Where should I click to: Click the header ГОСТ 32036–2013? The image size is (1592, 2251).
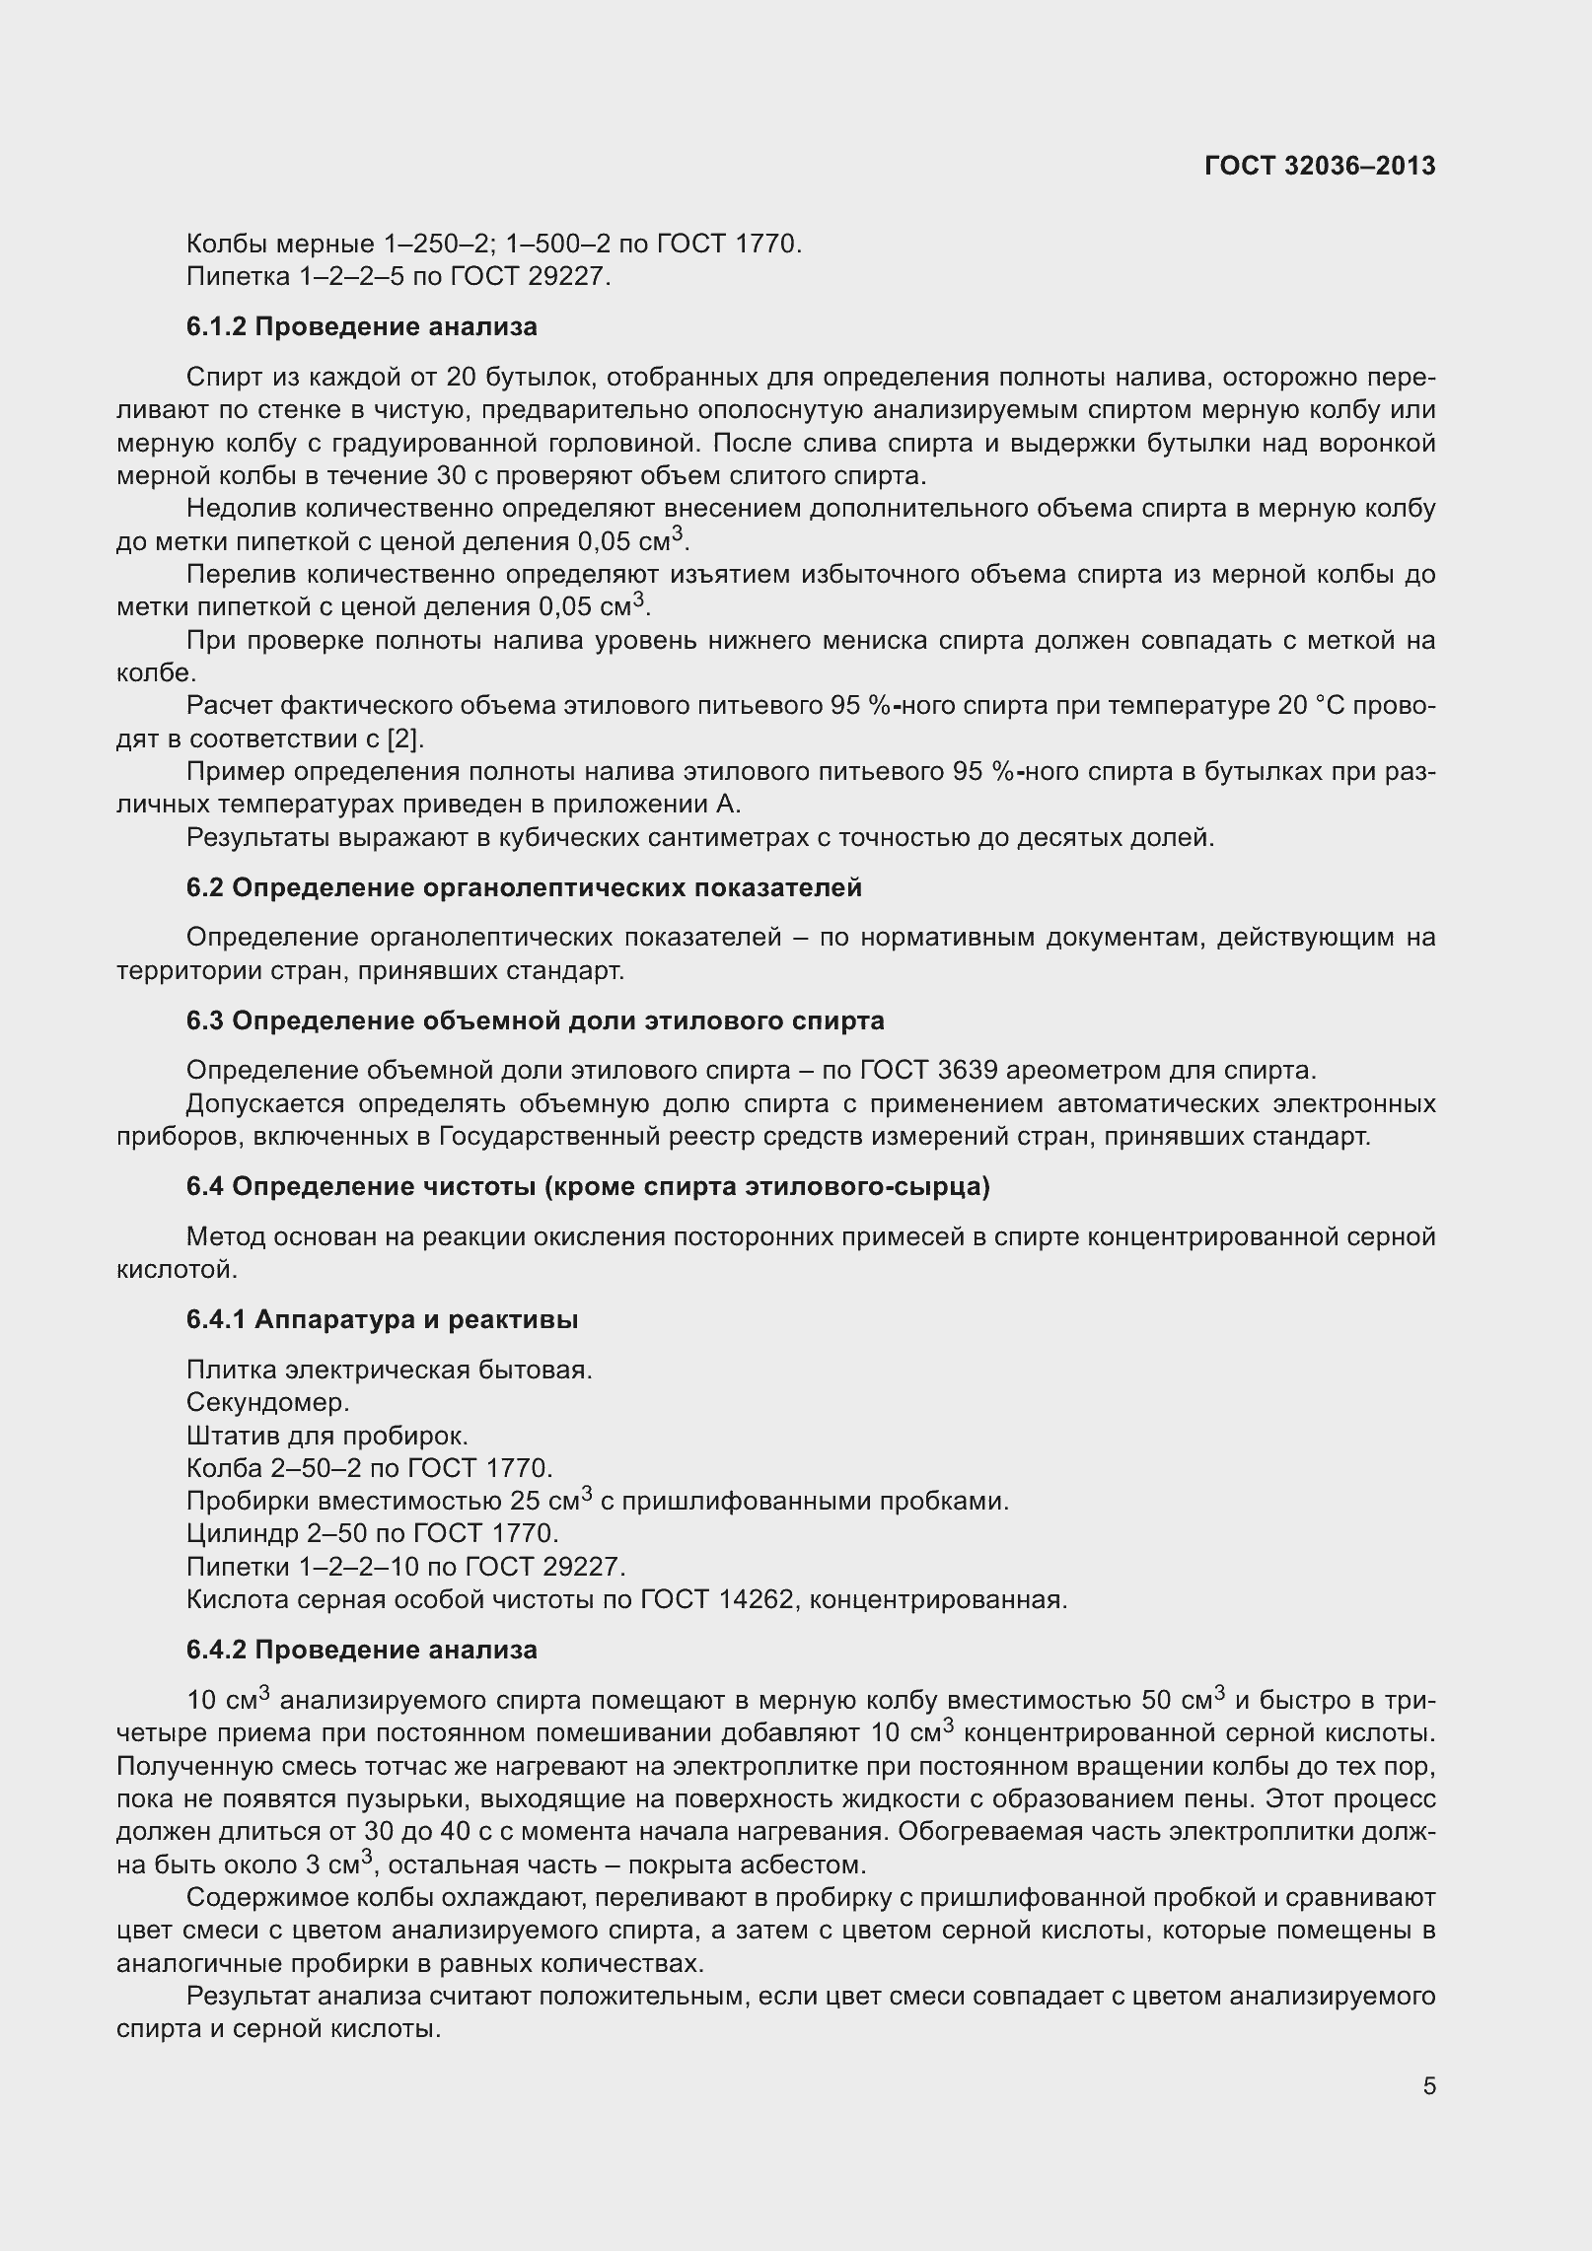[1319, 167]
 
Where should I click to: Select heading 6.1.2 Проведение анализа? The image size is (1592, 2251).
[361, 327]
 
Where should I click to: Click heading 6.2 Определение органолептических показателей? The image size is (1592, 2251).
[524, 887]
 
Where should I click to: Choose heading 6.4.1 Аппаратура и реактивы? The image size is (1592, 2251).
[382, 1319]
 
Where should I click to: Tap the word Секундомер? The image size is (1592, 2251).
[267, 1402]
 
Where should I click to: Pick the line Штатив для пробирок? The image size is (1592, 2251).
[326, 1436]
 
